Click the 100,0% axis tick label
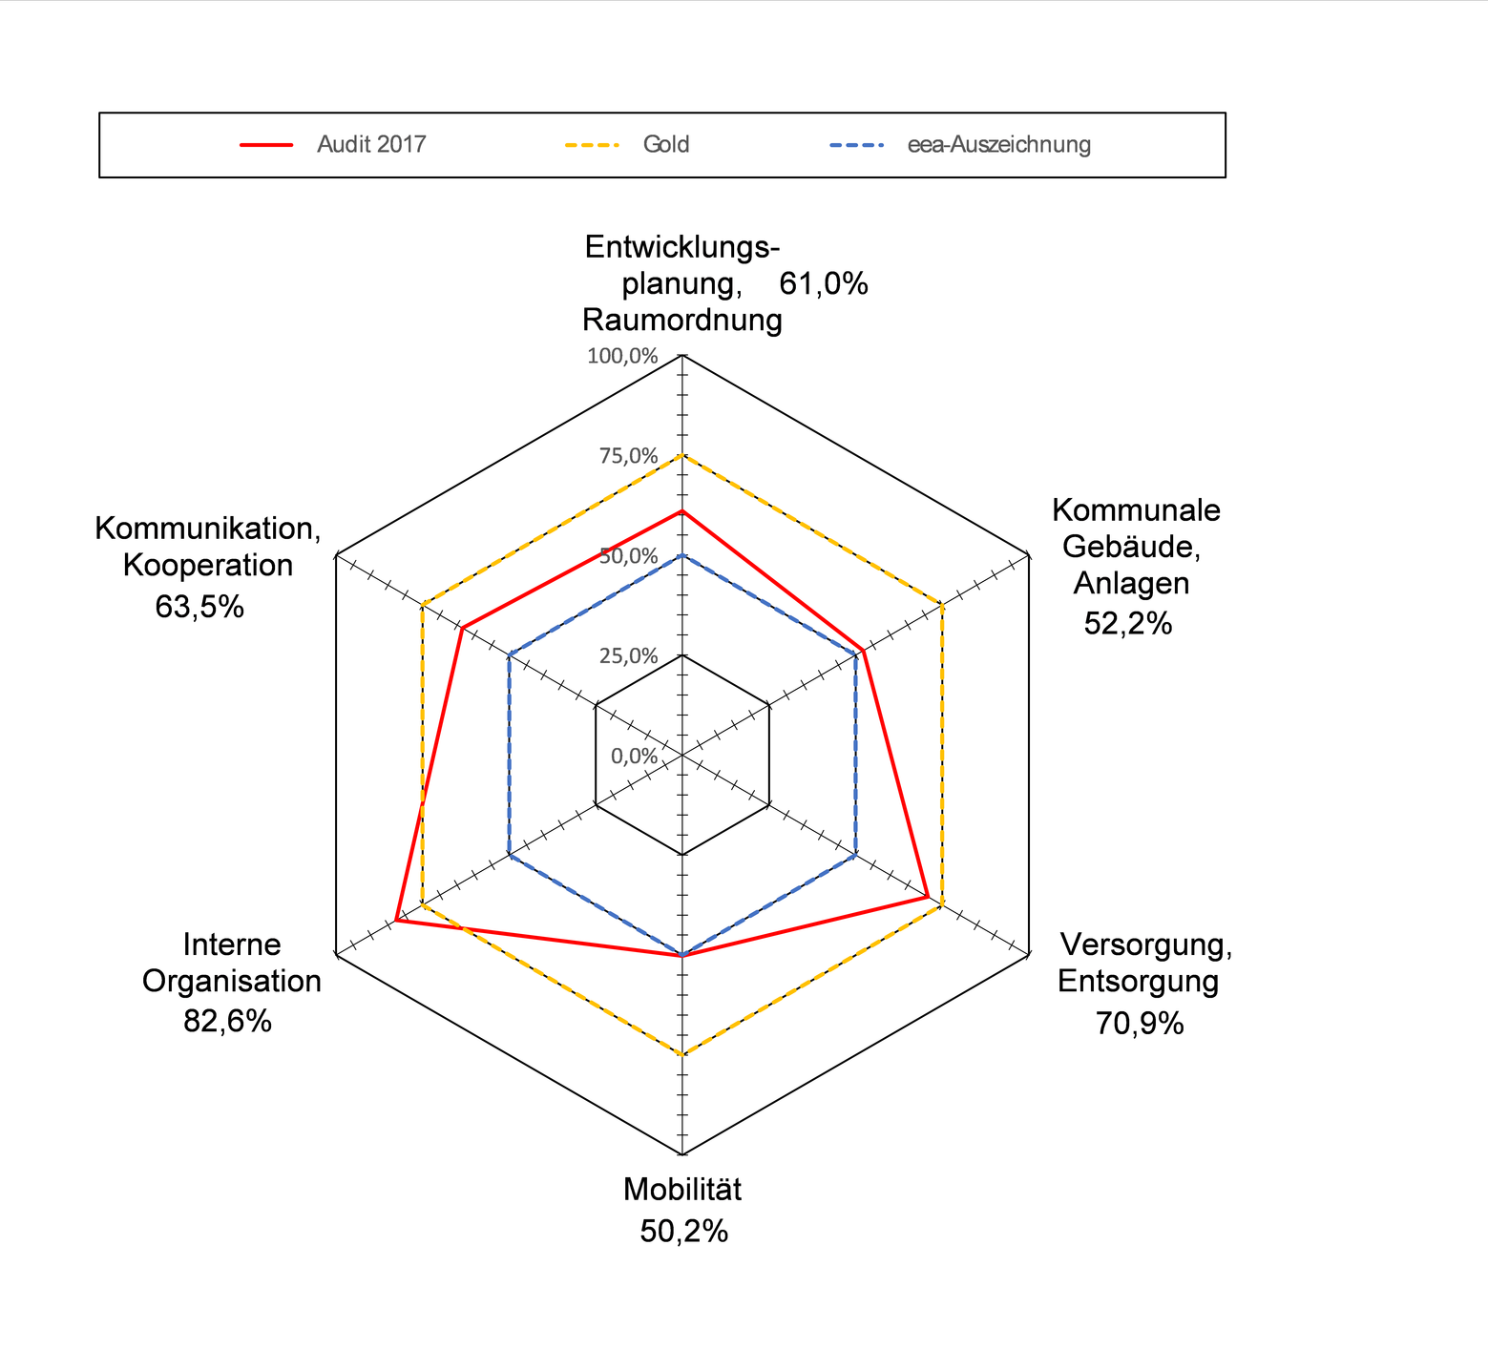(x=622, y=356)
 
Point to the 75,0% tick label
(x=628, y=456)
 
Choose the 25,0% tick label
(x=628, y=655)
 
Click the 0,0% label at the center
(x=634, y=756)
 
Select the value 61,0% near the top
(x=823, y=283)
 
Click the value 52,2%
(x=1127, y=623)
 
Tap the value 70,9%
(x=1139, y=1023)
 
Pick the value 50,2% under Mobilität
(x=683, y=1232)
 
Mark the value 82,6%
(x=227, y=1021)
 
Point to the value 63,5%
(x=199, y=606)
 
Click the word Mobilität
(x=681, y=1190)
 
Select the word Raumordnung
(x=681, y=320)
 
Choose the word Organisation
(x=232, y=981)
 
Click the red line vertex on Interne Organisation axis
(x=396, y=921)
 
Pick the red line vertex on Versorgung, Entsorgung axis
(x=927, y=898)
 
